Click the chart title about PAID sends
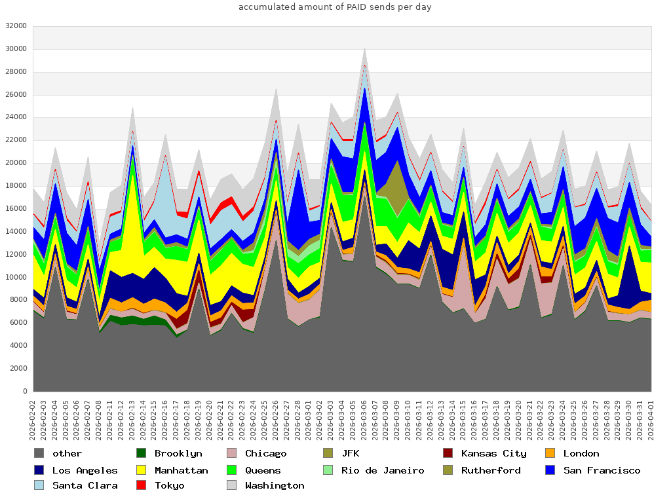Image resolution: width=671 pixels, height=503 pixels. (x=335, y=7)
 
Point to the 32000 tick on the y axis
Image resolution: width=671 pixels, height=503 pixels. (x=15, y=26)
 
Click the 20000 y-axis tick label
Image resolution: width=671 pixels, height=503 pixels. (x=15, y=163)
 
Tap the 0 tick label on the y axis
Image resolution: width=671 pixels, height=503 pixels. (x=24, y=391)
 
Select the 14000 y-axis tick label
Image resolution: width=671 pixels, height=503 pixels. (x=15, y=232)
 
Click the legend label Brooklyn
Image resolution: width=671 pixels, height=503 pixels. (x=178, y=453)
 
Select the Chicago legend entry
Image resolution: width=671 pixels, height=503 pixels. (x=265, y=453)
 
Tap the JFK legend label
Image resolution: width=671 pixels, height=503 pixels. (x=350, y=453)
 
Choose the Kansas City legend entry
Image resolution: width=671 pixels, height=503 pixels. (x=493, y=453)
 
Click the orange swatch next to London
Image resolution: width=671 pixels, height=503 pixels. (x=550, y=453)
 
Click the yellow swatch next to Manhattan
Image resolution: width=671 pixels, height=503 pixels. (x=141, y=470)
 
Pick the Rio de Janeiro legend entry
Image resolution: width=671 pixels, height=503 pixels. (x=382, y=470)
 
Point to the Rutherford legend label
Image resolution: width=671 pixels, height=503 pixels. (x=491, y=470)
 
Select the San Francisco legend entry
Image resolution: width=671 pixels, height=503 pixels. (x=602, y=470)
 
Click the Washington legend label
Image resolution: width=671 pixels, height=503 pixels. (x=275, y=486)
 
